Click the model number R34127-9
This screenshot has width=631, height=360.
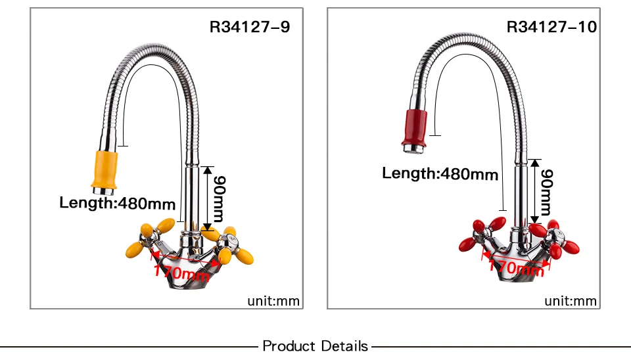pos(249,27)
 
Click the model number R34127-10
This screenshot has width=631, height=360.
pos(551,27)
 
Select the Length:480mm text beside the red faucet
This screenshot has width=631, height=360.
pos(440,173)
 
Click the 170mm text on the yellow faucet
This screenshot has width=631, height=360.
pos(182,270)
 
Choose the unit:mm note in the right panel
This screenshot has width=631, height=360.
pos(571,302)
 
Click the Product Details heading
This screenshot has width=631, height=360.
pos(315,346)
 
